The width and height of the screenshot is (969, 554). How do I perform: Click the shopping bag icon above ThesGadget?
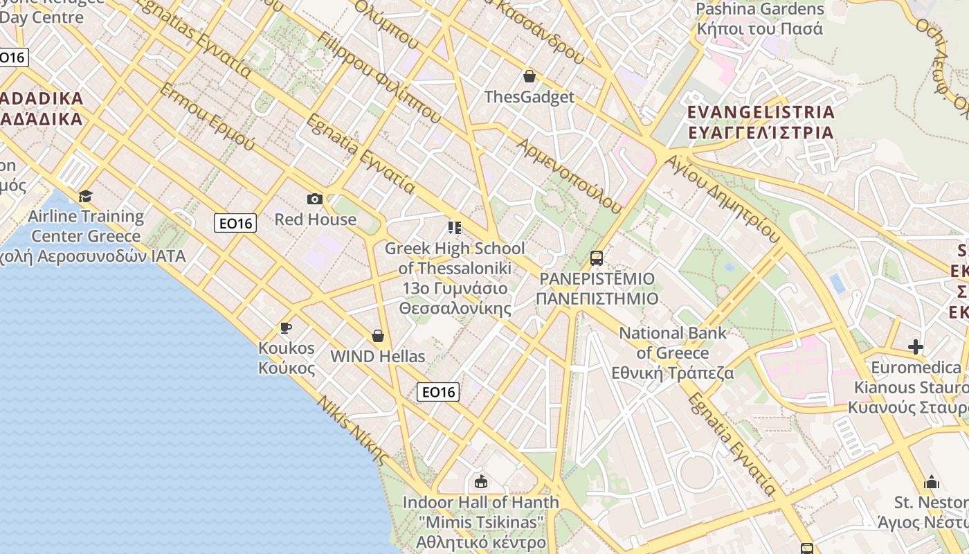click(x=529, y=76)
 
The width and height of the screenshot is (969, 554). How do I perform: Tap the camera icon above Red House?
click(x=315, y=199)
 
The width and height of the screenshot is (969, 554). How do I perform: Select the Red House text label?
click(x=315, y=220)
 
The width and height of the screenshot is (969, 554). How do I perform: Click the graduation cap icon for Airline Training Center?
click(x=85, y=196)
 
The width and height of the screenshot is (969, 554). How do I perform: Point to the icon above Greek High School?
click(x=454, y=228)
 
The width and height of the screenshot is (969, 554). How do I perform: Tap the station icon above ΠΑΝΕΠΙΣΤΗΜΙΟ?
click(x=596, y=258)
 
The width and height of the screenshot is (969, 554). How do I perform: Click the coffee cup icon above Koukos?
click(x=285, y=328)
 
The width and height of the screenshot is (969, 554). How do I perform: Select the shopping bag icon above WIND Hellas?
click(x=378, y=336)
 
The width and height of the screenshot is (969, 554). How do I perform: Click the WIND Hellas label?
click(x=378, y=357)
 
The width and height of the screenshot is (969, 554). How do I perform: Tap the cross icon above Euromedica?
click(x=916, y=346)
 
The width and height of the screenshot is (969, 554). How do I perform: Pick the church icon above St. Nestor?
click(x=932, y=482)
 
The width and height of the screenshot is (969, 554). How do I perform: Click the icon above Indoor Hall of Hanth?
click(x=480, y=481)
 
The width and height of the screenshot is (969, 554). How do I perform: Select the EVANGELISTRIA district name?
click(x=761, y=112)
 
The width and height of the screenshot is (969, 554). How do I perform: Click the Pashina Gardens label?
click(x=760, y=10)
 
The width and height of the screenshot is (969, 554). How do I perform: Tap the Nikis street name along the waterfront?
click(x=353, y=430)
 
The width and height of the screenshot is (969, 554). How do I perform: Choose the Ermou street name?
click(x=207, y=117)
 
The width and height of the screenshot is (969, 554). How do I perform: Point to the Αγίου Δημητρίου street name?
click(x=723, y=198)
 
